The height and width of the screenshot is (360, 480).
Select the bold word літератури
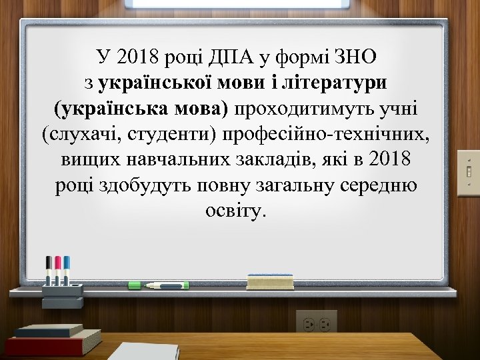[x=343, y=83]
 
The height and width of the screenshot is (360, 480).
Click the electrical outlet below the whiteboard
[x=317, y=323]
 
